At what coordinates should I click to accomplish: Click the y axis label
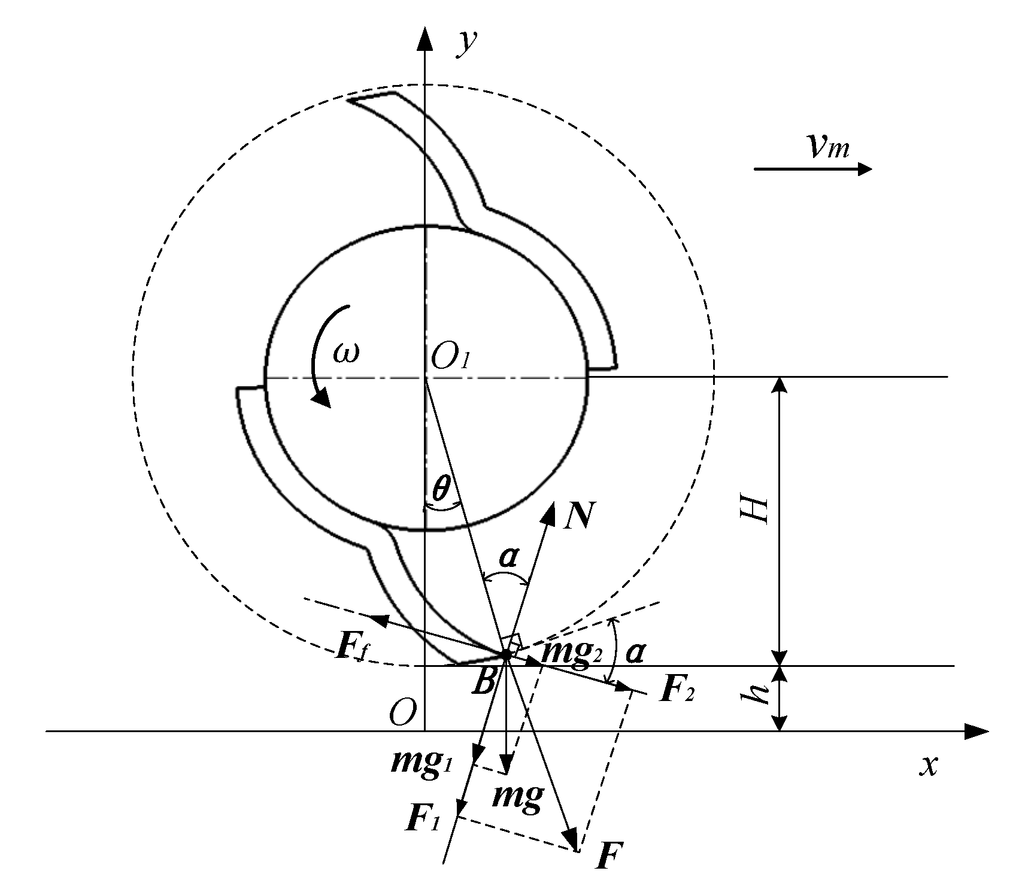(x=466, y=43)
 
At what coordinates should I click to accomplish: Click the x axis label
(x=928, y=764)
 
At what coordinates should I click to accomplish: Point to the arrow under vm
(x=812, y=169)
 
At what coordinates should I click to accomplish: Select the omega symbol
(x=347, y=353)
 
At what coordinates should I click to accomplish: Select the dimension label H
(x=759, y=509)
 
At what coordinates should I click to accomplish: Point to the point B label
(x=484, y=682)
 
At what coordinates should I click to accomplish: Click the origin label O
(x=401, y=713)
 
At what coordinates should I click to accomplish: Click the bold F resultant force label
(x=611, y=857)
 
